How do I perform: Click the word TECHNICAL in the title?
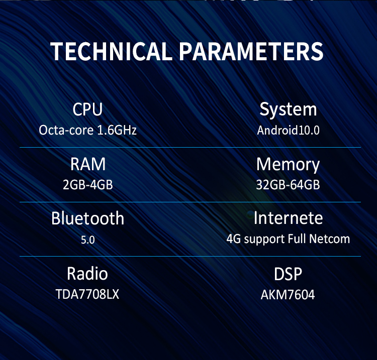point(111,51)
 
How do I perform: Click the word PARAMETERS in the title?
point(251,51)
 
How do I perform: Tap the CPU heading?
point(88,109)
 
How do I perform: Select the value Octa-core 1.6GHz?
point(88,130)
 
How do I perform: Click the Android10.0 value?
point(289,131)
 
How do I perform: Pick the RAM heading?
point(88,164)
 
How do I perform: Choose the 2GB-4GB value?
point(88,185)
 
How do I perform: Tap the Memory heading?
point(288,165)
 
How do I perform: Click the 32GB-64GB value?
point(288,185)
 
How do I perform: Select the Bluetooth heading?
point(88,218)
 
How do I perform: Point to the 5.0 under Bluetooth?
point(88,240)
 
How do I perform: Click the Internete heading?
point(289,218)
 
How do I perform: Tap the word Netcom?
point(329,239)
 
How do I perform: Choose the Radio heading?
point(87,274)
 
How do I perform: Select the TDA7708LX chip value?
point(87,294)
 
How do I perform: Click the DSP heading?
point(288,274)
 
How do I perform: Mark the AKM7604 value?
point(288,295)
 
